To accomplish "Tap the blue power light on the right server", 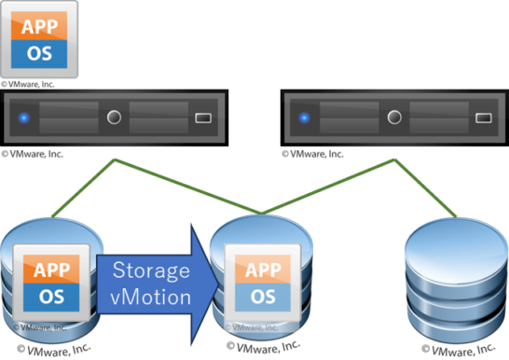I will pos(304,118).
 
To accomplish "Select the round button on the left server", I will pos(115,118).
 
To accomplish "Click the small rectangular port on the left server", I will pos(203,118).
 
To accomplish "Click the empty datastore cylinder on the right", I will pos(451,280).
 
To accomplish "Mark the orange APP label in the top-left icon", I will pos(41,27).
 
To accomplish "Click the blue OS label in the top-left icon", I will pos(41,54).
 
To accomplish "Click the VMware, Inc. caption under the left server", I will pos(34,153).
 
